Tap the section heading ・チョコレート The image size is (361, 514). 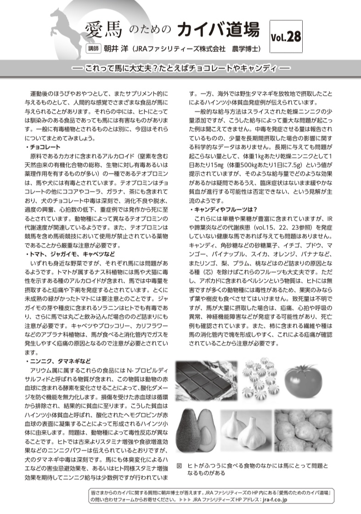coord(43,147)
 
